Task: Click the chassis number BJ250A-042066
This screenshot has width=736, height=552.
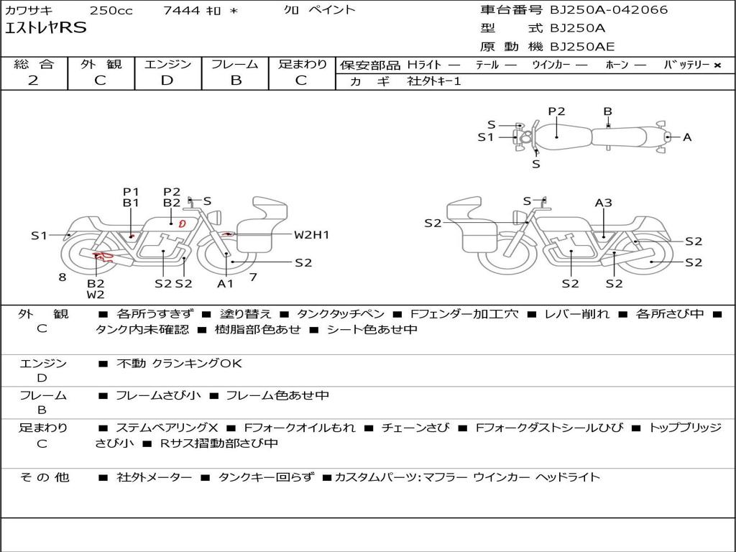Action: click(609, 10)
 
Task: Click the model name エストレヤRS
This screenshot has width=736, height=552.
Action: click(46, 28)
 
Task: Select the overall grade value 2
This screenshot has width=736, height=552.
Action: click(33, 80)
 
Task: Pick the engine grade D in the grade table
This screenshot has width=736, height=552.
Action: click(167, 80)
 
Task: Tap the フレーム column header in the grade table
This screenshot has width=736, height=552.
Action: click(235, 64)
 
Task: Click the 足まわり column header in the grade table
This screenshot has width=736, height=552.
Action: click(303, 64)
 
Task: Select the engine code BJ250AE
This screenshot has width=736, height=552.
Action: click(582, 47)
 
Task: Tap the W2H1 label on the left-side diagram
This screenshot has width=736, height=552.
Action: click(311, 234)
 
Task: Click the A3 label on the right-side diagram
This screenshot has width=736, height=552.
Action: click(603, 203)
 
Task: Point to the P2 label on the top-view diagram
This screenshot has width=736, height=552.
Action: click(556, 111)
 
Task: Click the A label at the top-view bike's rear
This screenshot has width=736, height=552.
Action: click(687, 137)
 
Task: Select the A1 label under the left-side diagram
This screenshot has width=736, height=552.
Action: click(226, 283)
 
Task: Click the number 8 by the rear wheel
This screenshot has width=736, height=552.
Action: click(63, 277)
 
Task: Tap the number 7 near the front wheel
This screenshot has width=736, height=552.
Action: click(253, 277)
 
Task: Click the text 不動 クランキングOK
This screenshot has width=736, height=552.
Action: click(179, 364)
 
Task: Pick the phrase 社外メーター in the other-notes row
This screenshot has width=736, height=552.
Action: click(154, 477)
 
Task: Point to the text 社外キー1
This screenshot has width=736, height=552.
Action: click(434, 81)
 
